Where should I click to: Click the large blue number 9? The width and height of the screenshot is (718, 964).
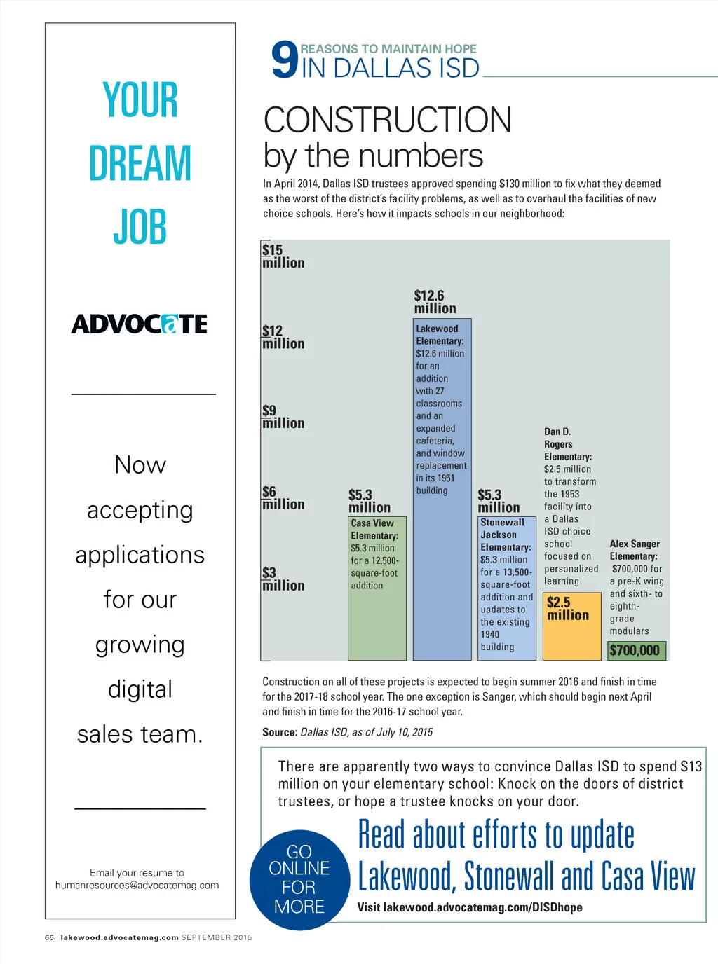click(285, 60)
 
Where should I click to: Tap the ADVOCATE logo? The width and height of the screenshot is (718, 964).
click(140, 324)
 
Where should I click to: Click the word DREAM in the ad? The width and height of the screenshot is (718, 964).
click(140, 163)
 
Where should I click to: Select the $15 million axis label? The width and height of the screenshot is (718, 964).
click(283, 256)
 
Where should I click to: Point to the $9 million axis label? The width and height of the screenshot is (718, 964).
click(283, 417)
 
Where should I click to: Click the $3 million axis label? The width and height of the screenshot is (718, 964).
click(283, 579)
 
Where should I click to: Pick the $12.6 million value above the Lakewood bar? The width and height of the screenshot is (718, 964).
click(435, 302)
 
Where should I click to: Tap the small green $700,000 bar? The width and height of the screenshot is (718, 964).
click(636, 650)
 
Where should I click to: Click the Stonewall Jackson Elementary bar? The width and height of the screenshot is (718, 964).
click(507, 588)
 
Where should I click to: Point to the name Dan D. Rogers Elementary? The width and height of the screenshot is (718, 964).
click(567, 444)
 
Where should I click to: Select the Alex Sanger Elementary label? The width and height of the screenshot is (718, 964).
click(635, 550)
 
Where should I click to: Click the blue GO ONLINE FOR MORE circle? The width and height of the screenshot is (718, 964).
click(299, 880)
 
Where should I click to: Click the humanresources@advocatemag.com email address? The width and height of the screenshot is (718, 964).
click(137, 886)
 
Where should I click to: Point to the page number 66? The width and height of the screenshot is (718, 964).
click(49, 937)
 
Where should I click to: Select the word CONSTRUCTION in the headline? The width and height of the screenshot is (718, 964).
click(388, 120)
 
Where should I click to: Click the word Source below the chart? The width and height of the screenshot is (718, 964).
click(279, 732)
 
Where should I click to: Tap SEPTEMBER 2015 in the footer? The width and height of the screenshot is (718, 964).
click(217, 937)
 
